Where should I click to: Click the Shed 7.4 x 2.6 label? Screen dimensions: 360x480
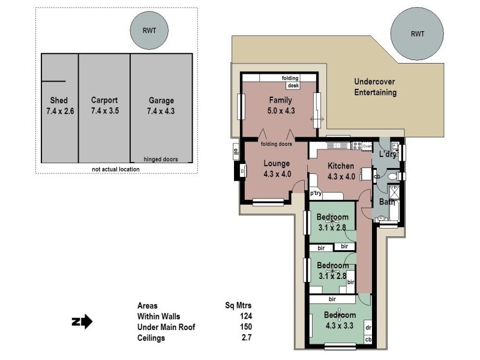[x=59, y=106]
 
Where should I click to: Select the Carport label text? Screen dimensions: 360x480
[x=104, y=100]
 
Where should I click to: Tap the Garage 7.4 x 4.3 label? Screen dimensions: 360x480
[x=160, y=106]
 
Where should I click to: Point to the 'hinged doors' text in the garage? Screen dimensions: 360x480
[x=160, y=159]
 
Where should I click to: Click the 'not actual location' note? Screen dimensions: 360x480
[x=115, y=169]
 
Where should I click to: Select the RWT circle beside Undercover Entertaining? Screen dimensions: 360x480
[x=417, y=34]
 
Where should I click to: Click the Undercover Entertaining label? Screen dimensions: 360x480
[x=375, y=87]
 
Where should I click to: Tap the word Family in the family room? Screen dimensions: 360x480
[x=281, y=100]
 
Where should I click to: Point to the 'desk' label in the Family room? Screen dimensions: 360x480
[x=293, y=86]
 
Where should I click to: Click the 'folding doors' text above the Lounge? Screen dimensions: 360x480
[x=277, y=144]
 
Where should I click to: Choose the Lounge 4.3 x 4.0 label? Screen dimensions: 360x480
[x=277, y=169]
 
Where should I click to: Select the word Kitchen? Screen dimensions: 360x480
[x=340, y=166]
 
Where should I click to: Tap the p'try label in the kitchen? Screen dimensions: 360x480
[x=316, y=193]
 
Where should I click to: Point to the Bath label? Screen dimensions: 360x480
[x=386, y=202]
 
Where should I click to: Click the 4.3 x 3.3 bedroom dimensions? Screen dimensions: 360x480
[x=340, y=325]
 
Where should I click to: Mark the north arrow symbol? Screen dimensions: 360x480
[x=82, y=322]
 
